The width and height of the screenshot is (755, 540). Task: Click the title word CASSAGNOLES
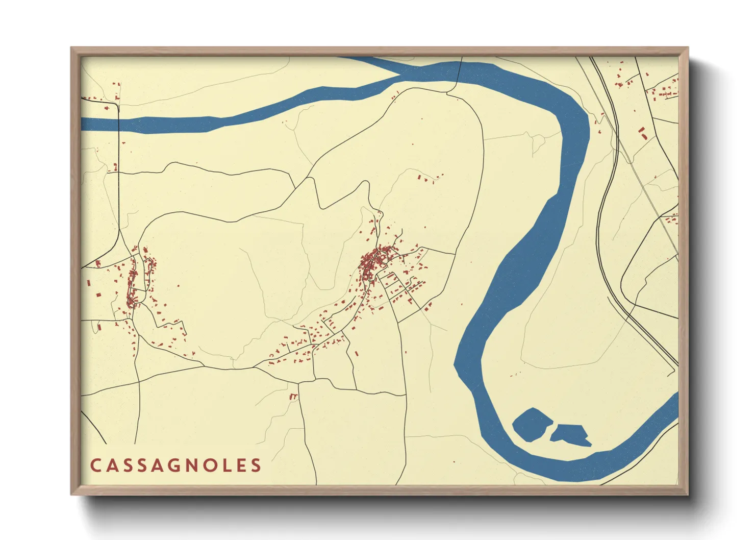176,465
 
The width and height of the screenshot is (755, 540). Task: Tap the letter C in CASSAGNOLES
95,465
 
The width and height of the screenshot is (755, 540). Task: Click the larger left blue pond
532,424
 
